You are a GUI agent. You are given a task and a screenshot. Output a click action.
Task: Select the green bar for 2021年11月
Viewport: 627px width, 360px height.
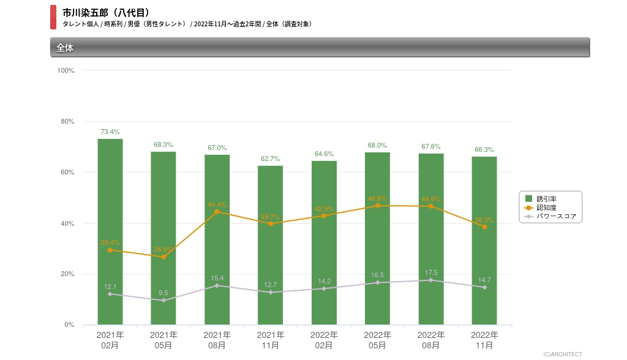point(270,245)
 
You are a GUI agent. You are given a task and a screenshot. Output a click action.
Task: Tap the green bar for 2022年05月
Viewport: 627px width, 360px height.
point(377,238)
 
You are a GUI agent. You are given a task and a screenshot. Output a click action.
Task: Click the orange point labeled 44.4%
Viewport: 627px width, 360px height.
point(217,212)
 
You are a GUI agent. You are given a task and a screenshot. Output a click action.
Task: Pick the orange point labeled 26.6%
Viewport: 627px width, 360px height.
point(163,257)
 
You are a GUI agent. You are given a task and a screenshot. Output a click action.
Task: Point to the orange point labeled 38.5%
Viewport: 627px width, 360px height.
point(484,227)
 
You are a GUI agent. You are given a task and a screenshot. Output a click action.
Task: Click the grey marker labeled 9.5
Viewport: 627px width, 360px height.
point(163,301)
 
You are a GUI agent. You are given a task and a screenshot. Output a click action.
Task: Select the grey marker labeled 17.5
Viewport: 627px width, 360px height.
point(431,280)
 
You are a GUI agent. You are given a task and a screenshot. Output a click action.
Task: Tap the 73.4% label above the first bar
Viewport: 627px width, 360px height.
point(110,132)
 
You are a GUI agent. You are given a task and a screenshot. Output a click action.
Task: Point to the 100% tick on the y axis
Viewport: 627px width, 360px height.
point(66,70)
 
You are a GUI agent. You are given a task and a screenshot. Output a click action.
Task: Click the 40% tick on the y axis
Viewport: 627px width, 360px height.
point(67,223)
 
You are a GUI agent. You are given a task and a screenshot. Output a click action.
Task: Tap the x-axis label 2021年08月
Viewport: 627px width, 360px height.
point(217,340)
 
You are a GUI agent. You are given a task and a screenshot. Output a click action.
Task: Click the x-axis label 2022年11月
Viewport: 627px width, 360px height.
point(484,340)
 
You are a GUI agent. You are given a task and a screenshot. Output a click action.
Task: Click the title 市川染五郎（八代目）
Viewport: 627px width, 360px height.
point(106,12)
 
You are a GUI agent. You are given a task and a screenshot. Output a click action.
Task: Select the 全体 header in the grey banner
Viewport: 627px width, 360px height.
point(65,47)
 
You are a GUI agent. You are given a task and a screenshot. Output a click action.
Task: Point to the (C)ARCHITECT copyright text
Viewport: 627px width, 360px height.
point(562,354)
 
